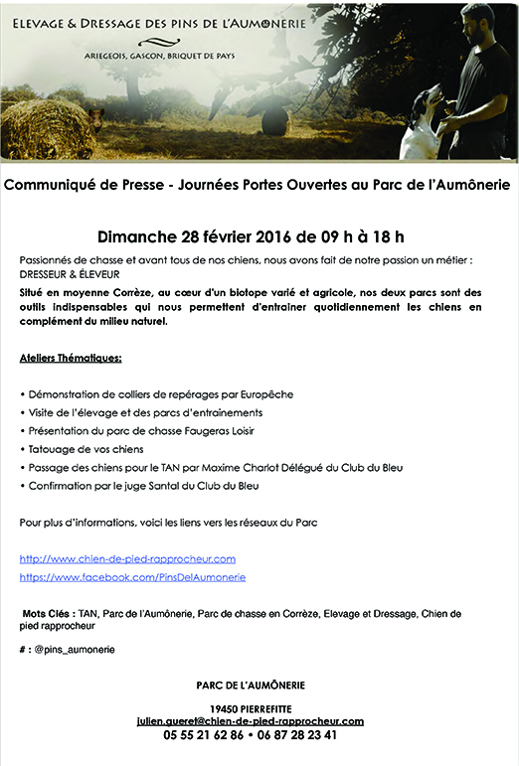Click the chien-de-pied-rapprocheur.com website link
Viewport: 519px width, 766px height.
pyautogui.click(x=127, y=559)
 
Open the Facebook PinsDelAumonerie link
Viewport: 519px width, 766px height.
pyautogui.click(x=132, y=577)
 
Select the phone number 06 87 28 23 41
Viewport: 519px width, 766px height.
pyautogui.click(x=298, y=736)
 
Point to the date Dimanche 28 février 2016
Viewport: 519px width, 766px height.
pyautogui.click(x=203, y=236)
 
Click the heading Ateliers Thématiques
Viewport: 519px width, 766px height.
pyautogui.click(x=71, y=357)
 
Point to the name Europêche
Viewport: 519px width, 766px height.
pyautogui.click(x=265, y=395)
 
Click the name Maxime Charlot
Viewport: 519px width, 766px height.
pyautogui.click(x=253, y=467)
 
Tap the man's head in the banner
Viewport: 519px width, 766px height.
pyautogui.click(x=478, y=20)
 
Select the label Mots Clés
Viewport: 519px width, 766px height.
pyautogui.click(x=46, y=614)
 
